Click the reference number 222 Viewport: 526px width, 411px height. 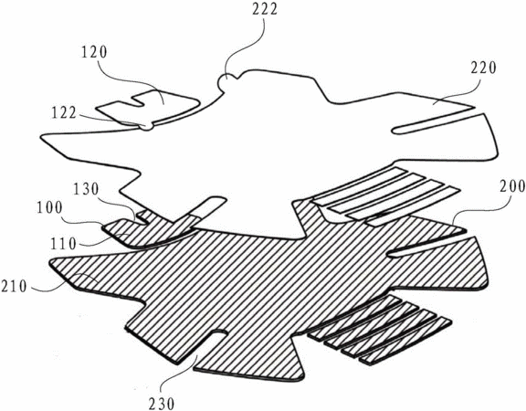point(265,10)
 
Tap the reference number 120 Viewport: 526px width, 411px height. point(94,53)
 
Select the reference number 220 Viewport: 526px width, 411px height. point(483,68)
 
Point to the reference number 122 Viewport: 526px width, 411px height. point(64,113)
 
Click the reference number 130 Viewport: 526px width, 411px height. point(87,190)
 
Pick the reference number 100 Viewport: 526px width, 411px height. point(49,208)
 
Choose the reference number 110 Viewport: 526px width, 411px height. point(64,244)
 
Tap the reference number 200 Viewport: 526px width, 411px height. point(512,186)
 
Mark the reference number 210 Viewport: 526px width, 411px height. point(14,287)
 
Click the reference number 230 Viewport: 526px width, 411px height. point(162,404)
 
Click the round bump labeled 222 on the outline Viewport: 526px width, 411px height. point(226,80)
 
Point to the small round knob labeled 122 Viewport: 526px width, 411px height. point(147,126)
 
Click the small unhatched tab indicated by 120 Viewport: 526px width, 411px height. point(148,106)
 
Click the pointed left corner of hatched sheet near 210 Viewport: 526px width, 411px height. point(50,262)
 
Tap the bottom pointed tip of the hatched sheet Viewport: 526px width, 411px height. point(302,379)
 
